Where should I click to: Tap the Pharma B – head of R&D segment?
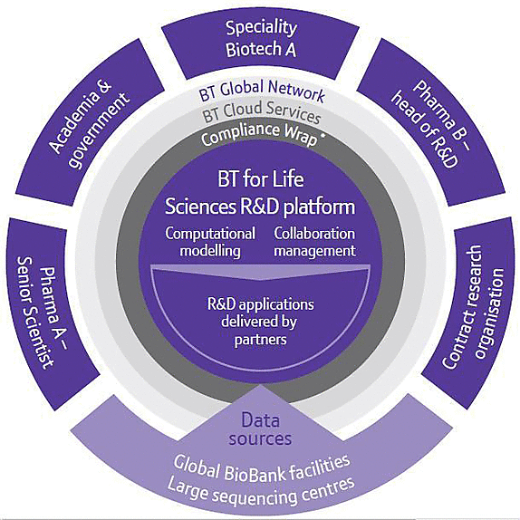tap(431, 121)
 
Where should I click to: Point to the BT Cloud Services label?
tap(261, 111)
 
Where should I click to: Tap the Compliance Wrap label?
tap(259, 134)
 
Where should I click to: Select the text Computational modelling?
tap(210, 242)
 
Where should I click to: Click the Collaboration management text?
tap(314, 242)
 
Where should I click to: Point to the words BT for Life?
tap(261, 179)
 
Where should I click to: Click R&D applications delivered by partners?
tap(260, 322)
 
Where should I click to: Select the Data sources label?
tap(260, 429)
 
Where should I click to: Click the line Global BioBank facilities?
tap(261, 468)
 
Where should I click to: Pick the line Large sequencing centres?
tap(261, 492)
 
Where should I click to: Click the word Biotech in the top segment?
tap(249, 50)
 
